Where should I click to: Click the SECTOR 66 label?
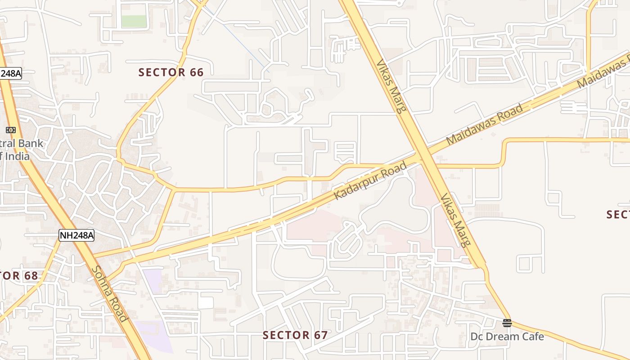click(x=171, y=72)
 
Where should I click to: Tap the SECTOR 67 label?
click(x=295, y=335)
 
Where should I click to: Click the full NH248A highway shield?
click(x=76, y=235)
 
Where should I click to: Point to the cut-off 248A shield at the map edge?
click(x=10, y=73)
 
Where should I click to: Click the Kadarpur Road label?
click(x=370, y=181)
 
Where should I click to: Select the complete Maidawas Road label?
click(x=485, y=124)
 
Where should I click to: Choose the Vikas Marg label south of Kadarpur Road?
click(x=455, y=220)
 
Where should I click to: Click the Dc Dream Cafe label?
click(x=507, y=337)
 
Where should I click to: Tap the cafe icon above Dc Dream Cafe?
click(x=507, y=323)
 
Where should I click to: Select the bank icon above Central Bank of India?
click(x=11, y=130)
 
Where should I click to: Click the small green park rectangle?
click(x=134, y=21)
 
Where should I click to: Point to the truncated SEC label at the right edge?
click(x=618, y=215)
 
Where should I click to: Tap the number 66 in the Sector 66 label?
click(x=197, y=72)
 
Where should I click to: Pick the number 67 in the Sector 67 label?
click(x=321, y=335)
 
